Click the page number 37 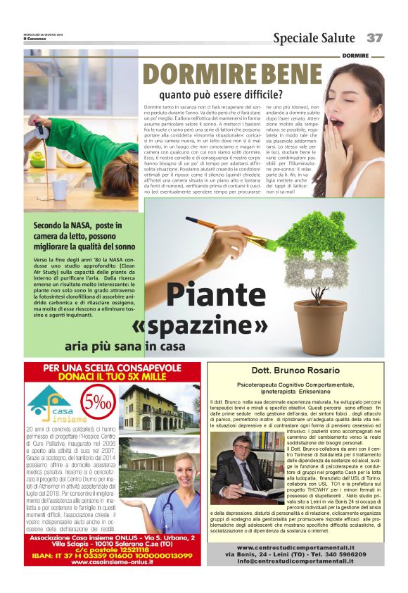click(374, 37)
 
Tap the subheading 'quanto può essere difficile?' click(221, 94)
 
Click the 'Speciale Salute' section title click(314, 37)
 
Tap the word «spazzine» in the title click(200, 325)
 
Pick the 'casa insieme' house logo click(49, 402)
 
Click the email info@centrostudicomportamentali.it click(295, 561)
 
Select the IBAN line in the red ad click(113, 555)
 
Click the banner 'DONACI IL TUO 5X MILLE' click(113, 377)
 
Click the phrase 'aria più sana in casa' click(125, 347)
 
